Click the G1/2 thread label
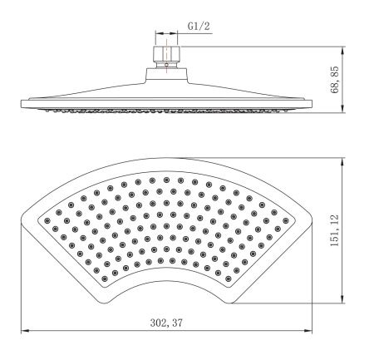[198, 26]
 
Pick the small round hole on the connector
[166, 62]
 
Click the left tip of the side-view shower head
[20, 103]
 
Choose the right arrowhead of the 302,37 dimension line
[309, 331]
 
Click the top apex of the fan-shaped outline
[166, 158]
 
